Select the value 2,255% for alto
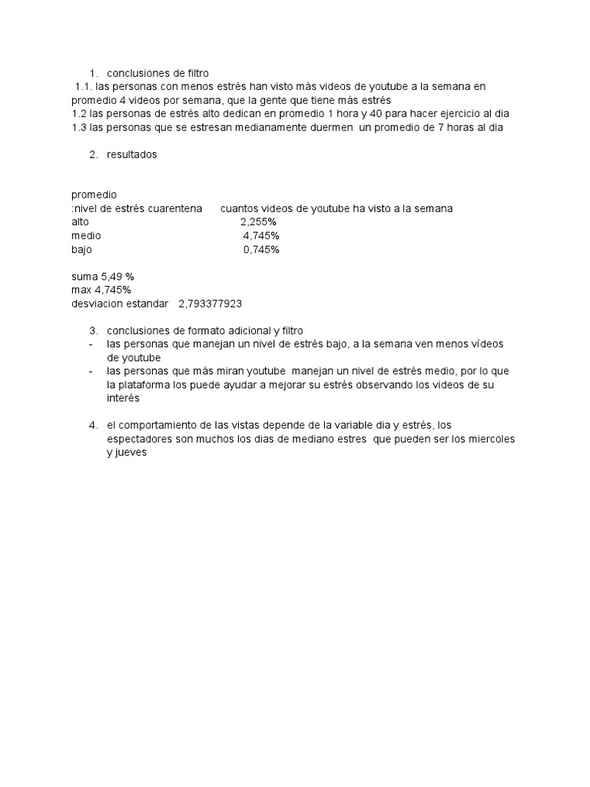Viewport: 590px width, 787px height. coord(258,222)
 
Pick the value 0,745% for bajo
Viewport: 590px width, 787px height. coord(261,250)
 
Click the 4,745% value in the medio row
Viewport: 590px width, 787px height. coord(261,236)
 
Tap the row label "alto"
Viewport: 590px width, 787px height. coord(80,222)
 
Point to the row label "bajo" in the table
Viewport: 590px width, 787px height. coord(81,250)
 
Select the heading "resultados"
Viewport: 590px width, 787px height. coord(131,154)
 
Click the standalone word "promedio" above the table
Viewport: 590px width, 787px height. coord(94,195)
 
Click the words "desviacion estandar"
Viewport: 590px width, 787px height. coord(119,304)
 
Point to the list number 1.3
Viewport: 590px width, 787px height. coord(79,128)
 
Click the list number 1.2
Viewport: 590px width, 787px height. coord(79,114)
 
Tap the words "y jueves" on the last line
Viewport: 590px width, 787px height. coord(126,453)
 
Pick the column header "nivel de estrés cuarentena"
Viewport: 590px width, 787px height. coord(138,209)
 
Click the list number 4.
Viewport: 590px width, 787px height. coord(93,425)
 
